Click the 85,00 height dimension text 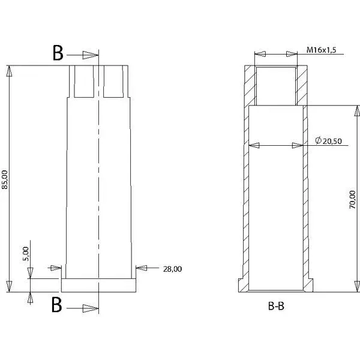[5, 180]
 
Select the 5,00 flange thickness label [26, 254]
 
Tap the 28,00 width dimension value [172, 269]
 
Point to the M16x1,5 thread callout [321, 50]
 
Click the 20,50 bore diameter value [332, 141]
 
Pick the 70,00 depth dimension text [352, 200]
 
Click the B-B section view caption [276, 306]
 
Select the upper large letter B [58, 53]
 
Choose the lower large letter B [57, 304]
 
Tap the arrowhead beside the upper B [91, 55]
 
